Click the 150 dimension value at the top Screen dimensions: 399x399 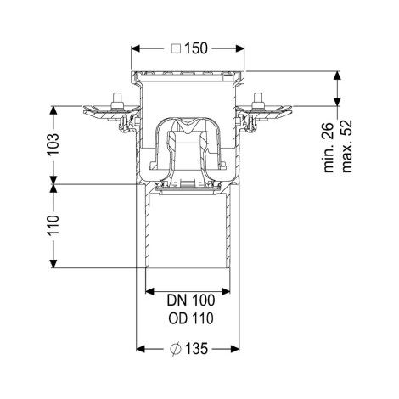click(x=196, y=48)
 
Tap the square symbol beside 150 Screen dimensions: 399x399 click(x=176, y=48)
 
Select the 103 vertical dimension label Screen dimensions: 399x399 click(x=53, y=144)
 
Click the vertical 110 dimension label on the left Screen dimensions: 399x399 click(x=53, y=225)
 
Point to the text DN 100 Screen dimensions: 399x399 click(x=191, y=301)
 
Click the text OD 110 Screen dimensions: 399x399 click(x=191, y=318)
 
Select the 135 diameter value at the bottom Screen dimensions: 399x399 click(x=196, y=349)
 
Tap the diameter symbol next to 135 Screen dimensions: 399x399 click(x=176, y=349)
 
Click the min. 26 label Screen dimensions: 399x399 click(x=329, y=148)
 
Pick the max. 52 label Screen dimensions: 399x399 click(x=347, y=146)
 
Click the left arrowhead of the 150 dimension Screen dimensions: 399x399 click(x=135, y=48)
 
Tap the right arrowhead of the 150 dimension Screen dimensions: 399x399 click(x=240, y=48)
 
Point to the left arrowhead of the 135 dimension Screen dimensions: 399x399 click(x=141, y=349)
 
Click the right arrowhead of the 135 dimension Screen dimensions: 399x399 click(x=235, y=349)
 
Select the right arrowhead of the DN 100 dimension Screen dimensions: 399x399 click(x=225, y=291)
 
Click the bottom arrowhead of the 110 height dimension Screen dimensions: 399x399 click(x=53, y=263)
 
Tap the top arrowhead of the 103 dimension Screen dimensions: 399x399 click(x=53, y=110)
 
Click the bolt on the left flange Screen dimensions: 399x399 click(x=117, y=100)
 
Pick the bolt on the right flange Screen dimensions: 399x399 click(x=258, y=100)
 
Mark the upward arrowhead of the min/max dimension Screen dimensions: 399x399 click(x=337, y=76)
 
